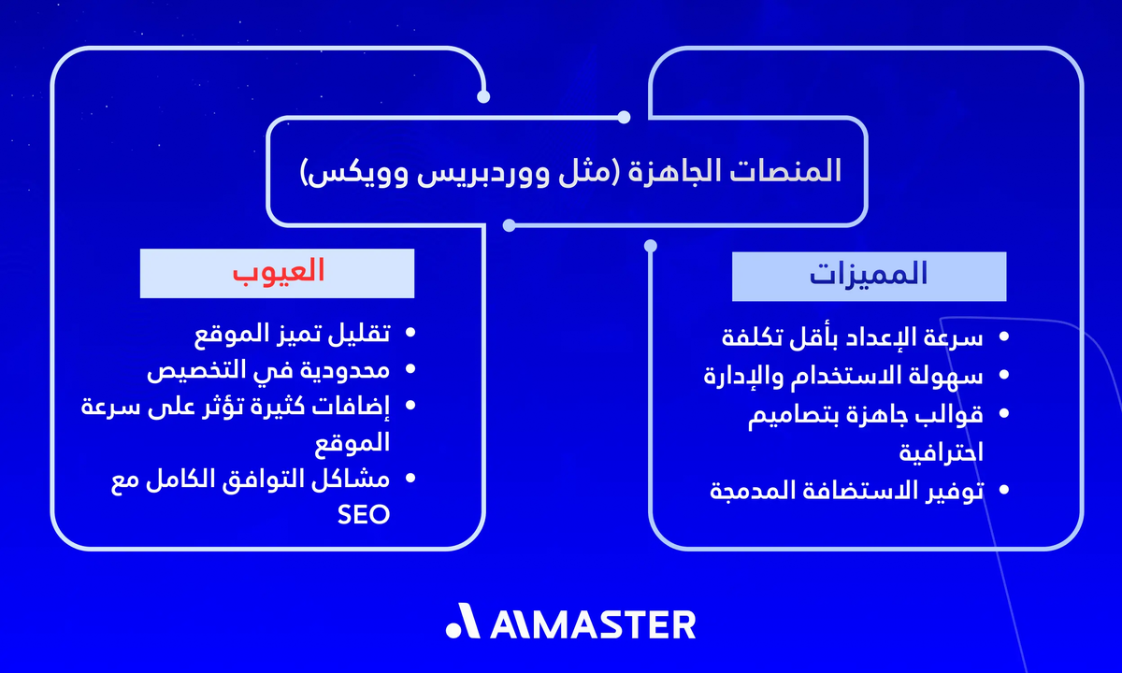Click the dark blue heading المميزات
click(869, 275)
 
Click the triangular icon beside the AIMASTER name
click(464, 623)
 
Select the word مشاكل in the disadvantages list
click(354, 479)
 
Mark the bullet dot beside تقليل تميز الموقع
click(409, 333)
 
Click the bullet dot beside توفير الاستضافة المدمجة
click(1004, 490)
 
